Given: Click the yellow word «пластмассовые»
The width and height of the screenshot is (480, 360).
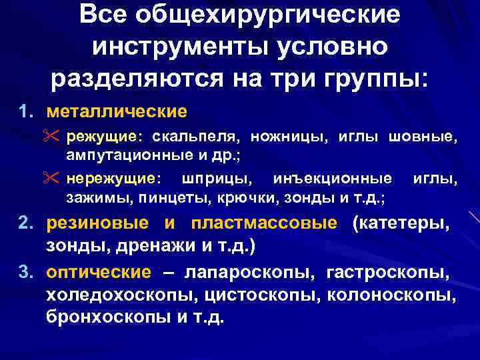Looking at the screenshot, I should point(263,224).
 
